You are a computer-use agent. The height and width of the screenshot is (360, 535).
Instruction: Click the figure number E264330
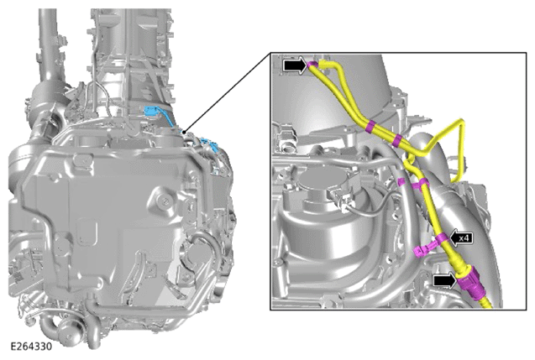31,347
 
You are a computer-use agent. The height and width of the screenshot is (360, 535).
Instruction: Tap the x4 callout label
464,238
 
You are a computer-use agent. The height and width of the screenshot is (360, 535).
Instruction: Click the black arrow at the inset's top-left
295,65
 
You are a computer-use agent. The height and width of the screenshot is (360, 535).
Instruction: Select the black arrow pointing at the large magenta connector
444,281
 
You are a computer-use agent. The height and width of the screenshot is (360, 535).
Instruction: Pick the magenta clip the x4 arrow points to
443,238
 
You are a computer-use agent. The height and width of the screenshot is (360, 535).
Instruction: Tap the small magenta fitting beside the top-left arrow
312,65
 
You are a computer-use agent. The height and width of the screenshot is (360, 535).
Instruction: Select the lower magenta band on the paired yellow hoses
397,140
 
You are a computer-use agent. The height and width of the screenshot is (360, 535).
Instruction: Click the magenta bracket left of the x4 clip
422,250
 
